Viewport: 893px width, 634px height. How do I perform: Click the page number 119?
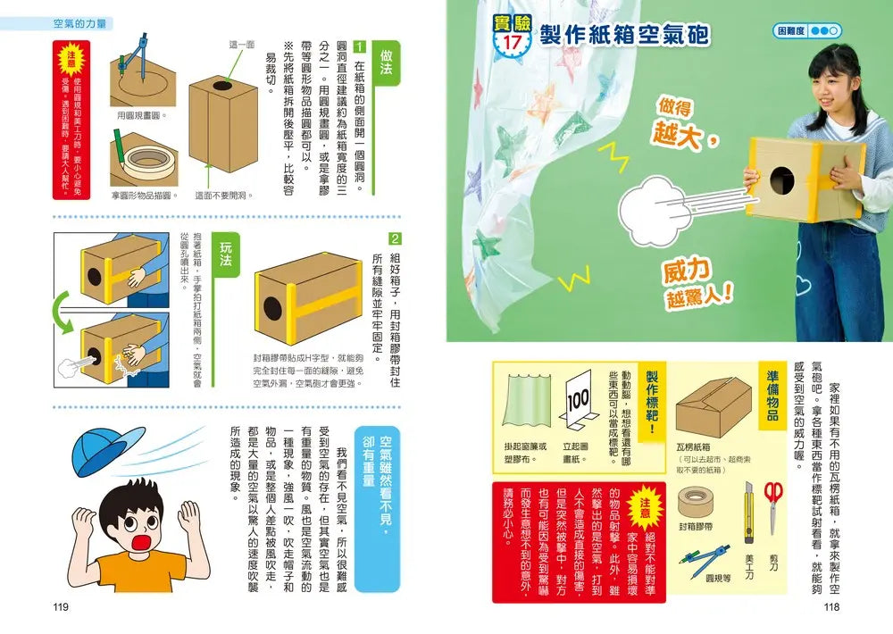tap(61, 607)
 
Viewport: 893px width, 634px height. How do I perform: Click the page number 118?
tap(831, 607)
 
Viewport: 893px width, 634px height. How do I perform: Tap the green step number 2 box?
tap(396, 239)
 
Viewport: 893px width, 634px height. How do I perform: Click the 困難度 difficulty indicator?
tap(806, 30)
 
